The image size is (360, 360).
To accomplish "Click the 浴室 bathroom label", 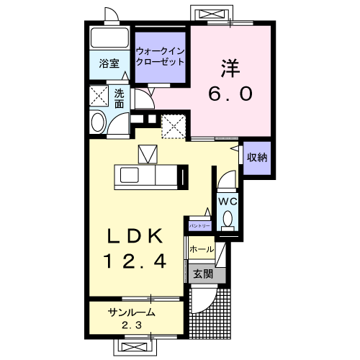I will coord(109,63).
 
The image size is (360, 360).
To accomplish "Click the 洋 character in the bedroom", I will coord(230,66).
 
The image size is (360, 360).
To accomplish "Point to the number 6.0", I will coord(230,94).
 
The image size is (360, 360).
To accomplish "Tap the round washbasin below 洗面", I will coord(99,122).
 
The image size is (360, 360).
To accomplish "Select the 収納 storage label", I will coord(258,158).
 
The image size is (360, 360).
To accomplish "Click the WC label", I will coord(227,200).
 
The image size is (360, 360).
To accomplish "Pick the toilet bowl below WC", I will coord(228,218).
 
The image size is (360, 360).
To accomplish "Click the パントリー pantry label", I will coord(199,226).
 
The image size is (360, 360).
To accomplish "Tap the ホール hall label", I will coord(202,249).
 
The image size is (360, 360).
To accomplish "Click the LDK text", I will coord(138,236).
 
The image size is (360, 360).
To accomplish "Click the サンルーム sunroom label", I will coord(133,312).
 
